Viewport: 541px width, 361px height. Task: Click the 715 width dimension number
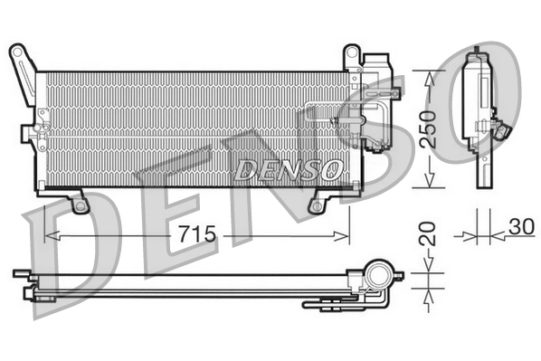click(x=196, y=234)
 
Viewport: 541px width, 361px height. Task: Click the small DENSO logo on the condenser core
click(x=288, y=168)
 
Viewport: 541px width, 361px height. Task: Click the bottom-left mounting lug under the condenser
click(x=80, y=204)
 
